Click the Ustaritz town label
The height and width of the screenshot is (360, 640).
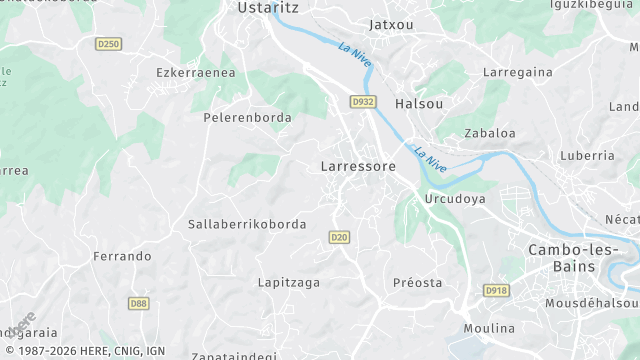point(268,7)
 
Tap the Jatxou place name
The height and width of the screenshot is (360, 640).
point(391,23)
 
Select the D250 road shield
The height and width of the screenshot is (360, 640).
point(108,44)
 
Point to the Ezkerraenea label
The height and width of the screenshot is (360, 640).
point(196,72)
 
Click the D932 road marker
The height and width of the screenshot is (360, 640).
point(363,102)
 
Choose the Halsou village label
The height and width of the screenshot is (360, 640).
point(419,103)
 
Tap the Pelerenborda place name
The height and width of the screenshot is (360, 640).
point(247,117)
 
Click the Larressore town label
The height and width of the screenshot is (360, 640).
point(358,166)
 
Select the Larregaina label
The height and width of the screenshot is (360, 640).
point(518,73)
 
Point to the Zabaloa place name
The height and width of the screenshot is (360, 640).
point(490,133)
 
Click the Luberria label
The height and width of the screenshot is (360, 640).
point(587,155)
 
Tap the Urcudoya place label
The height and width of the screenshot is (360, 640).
point(455,199)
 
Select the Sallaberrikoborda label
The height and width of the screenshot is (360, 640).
point(247,224)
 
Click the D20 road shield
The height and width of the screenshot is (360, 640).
point(339,237)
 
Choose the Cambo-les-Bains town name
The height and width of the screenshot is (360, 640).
point(576,258)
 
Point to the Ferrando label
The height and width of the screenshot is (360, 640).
point(122,256)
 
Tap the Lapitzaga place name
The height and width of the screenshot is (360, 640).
point(289,282)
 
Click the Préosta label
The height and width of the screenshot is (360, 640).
point(417,282)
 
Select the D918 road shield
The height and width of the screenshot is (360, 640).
point(495,290)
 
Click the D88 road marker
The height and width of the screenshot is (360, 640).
point(138,303)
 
